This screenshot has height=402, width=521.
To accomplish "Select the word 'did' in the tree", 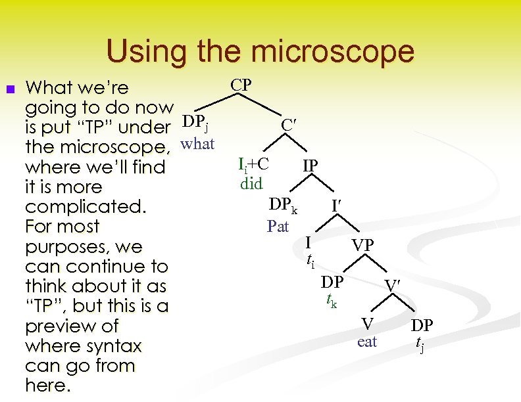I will point(251,183).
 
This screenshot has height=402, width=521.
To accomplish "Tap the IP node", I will point(310,165).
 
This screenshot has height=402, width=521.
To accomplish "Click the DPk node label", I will point(283,206).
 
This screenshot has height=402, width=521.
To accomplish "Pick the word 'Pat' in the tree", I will point(278,227).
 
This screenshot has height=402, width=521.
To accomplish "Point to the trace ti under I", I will point(311,261).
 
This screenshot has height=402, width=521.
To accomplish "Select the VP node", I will point(362,246).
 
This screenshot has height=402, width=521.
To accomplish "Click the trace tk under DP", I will point(331,301).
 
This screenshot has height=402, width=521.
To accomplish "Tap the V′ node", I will point(393,286).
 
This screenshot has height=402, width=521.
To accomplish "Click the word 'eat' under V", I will point(367,342).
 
